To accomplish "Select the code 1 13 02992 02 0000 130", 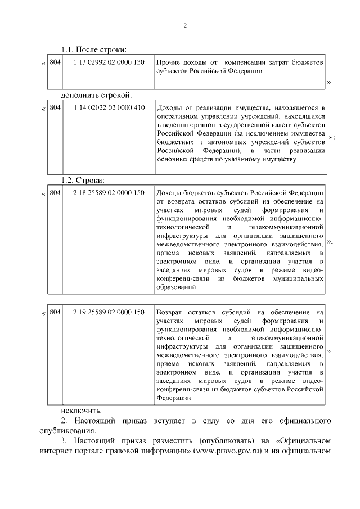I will coord(109,61).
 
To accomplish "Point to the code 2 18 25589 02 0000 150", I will coord(109,193).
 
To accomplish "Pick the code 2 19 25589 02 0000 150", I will coord(109,312).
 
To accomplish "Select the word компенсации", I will coord(247,62).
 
